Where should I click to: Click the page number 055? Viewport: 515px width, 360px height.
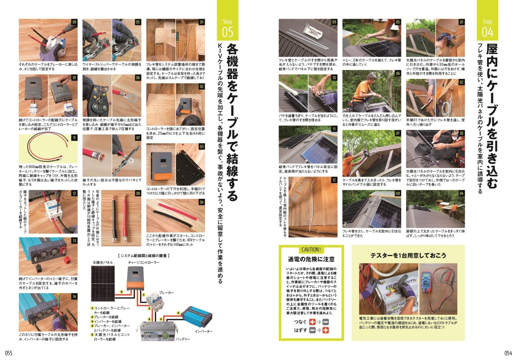pos(8,353)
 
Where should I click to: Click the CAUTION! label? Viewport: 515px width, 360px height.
pos(311,250)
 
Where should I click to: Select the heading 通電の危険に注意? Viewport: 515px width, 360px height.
pos(311,259)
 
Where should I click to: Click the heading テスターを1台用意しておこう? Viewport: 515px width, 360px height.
pos(408,255)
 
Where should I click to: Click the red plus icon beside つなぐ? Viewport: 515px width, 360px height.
pos(312,322)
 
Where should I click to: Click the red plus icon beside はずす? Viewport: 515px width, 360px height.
pos(326,330)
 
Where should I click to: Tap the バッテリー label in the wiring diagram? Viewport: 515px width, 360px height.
pos(183,339)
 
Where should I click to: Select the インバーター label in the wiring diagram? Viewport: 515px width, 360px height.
pos(204,331)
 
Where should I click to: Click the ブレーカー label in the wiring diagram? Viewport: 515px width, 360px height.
pos(166,293)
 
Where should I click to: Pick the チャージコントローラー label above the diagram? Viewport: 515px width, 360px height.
pos(144,262)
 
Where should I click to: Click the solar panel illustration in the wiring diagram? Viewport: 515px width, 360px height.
pos(103,284)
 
